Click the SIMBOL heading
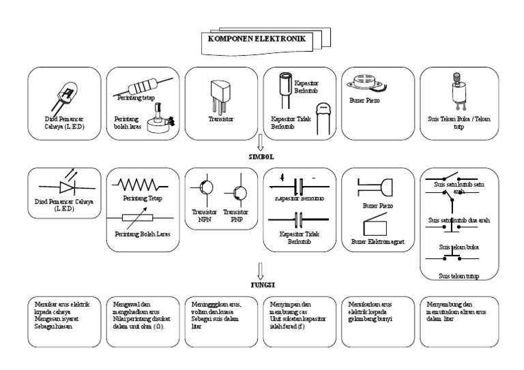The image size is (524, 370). (260, 156)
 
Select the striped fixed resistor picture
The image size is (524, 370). (143, 88)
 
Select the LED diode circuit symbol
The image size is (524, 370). (65, 185)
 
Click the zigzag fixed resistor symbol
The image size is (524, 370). (143, 185)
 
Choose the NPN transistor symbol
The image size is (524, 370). (204, 193)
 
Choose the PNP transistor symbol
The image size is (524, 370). (239, 193)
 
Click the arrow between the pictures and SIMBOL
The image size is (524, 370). (260, 142)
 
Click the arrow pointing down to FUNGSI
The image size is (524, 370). (260, 267)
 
